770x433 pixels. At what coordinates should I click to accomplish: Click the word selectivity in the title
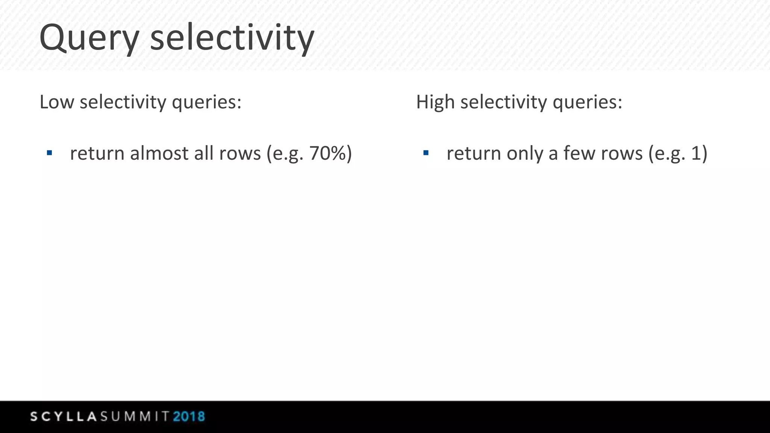pos(232,38)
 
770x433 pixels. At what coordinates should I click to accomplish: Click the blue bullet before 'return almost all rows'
pos(49,153)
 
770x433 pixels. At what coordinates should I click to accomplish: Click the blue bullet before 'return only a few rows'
pos(426,153)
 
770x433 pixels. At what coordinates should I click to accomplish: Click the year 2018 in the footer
pos(189,416)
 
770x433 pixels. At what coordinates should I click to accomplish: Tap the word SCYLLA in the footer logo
pos(64,416)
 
